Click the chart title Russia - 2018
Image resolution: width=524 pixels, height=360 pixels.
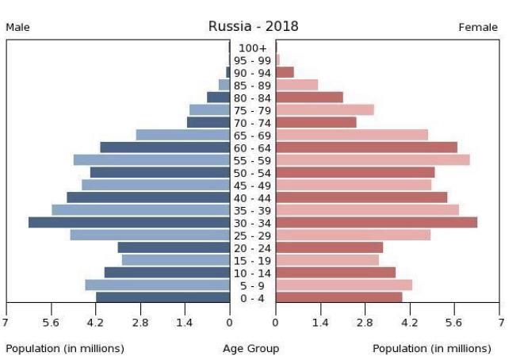pyautogui.click(x=254, y=26)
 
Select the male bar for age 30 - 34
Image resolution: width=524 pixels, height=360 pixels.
pyautogui.click(x=129, y=222)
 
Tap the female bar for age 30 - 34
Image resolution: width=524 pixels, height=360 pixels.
pyautogui.click(x=377, y=222)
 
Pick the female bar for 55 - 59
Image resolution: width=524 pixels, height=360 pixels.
pyautogui.click(x=373, y=159)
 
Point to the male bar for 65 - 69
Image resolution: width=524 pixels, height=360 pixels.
pyautogui.click(x=183, y=135)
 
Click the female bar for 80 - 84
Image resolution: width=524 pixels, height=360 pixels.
pyautogui.click(x=309, y=97)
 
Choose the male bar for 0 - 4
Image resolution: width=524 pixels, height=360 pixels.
pyautogui.click(x=163, y=297)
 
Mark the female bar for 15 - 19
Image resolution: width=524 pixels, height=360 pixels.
pyautogui.click(x=327, y=259)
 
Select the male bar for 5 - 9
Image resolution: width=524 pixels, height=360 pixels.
pyautogui.click(x=157, y=285)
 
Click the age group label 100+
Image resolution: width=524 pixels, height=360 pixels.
pyautogui.click(x=253, y=48)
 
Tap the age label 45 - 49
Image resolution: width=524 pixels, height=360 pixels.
pyautogui.click(x=253, y=185)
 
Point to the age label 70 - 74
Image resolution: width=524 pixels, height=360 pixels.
pyautogui.click(x=253, y=123)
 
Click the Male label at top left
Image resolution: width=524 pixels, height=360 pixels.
pyautogui.click(x=18, y=28)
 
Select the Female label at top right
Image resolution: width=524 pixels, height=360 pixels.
pyautogui.click(x=478, y=28)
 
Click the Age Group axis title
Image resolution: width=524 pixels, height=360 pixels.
pyautogui.click(x=251, y=348)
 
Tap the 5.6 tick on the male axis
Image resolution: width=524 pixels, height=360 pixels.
pyautogui.click(x=51, y=322)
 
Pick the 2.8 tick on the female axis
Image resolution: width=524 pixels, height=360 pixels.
pyautogui.click(x=365, y=322)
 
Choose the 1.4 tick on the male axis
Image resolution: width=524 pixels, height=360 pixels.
pyautogui.click(x=185, y=322)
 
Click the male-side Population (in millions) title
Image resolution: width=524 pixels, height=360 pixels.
pyautogui.click(x=65, y=348)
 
